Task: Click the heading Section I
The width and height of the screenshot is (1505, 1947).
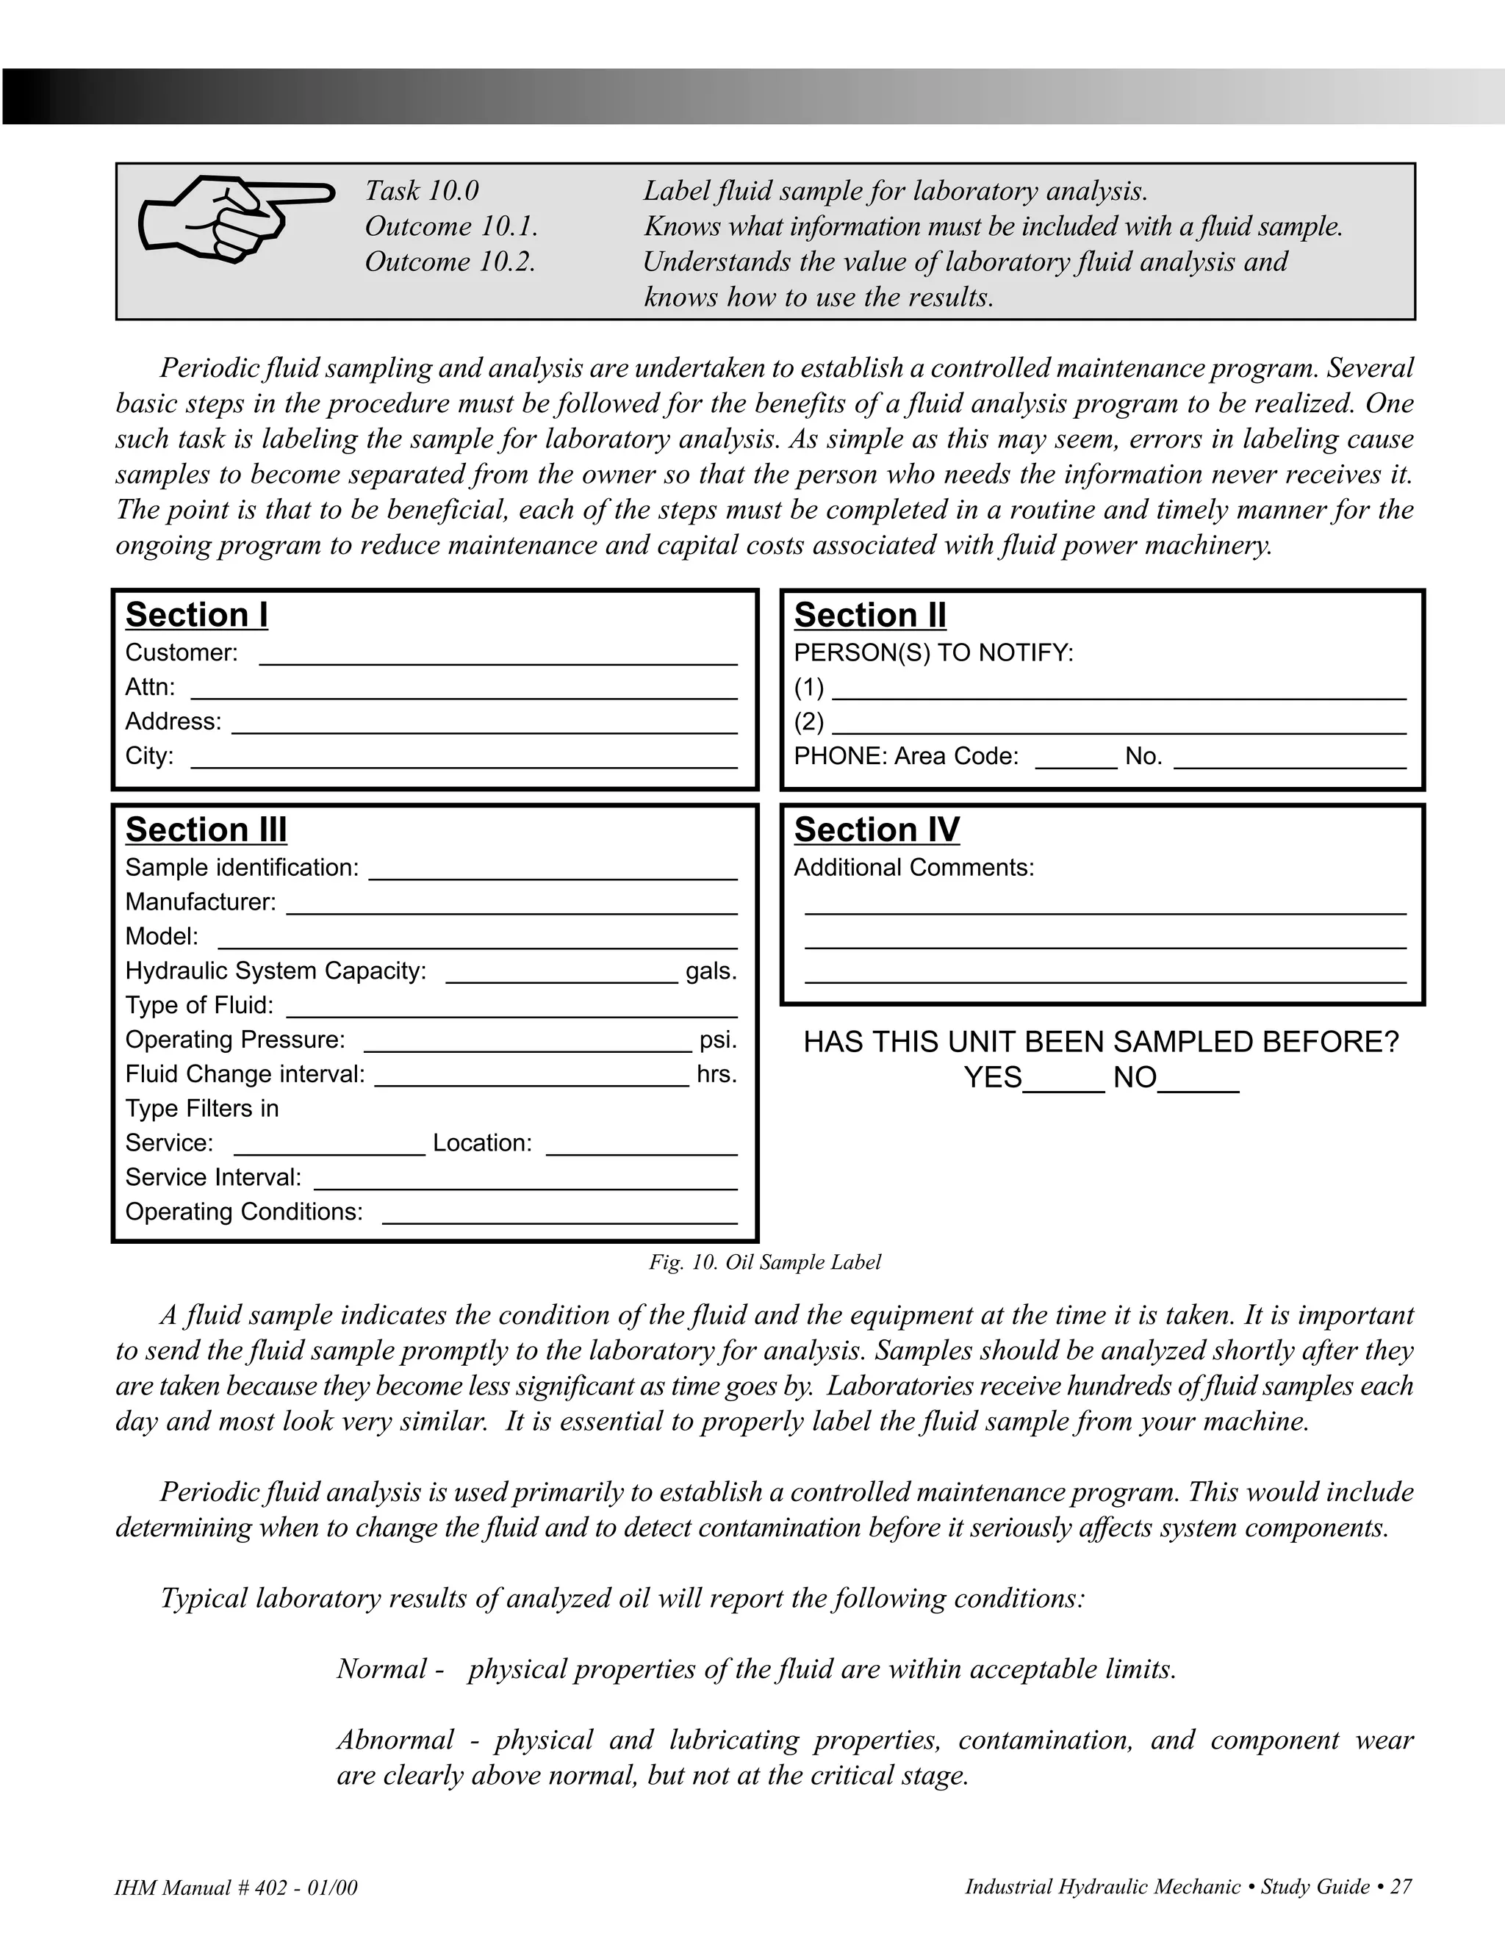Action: tap(196, 615)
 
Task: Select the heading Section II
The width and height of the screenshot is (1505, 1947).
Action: tap(869, 615)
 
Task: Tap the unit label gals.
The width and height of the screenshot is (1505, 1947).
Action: tap(711, 971)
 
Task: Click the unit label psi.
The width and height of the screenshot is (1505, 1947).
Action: tap(718, 1040)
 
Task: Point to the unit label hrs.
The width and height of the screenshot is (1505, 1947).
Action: tap(716, 1074)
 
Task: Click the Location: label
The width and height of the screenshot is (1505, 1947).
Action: tap(482, 1144)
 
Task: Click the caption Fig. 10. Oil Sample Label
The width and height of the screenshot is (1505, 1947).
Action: tap(764, 1262)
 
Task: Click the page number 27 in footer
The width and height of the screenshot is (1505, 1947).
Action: tap(1401, 1886)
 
